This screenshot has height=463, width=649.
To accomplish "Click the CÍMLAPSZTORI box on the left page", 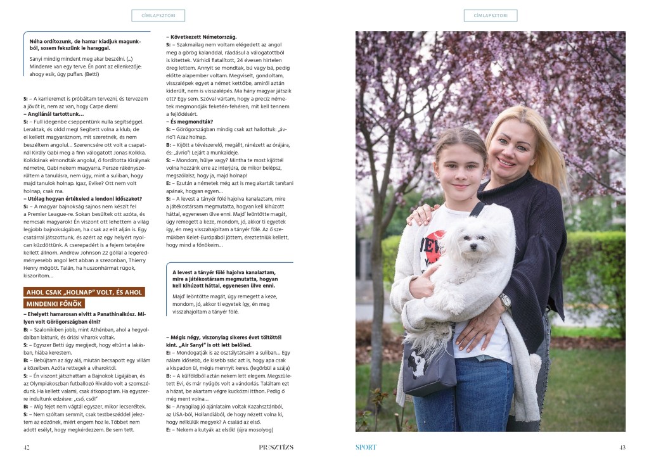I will [x=158, y=15].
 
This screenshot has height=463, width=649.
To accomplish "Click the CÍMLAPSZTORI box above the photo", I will [x=490, y=15].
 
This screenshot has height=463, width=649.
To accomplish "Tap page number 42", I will [x=27, y=447].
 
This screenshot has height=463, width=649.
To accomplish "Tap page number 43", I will [x=622, y=447].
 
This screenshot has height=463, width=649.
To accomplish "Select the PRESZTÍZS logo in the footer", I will [x=276, y=447].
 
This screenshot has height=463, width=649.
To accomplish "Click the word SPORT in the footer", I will [x=366, y=447].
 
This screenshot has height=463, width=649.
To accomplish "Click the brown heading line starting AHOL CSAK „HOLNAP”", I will [x=84, y=292].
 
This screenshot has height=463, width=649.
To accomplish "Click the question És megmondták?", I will [x=190, y=121].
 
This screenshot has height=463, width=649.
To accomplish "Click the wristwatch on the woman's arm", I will [x=504, y=300].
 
